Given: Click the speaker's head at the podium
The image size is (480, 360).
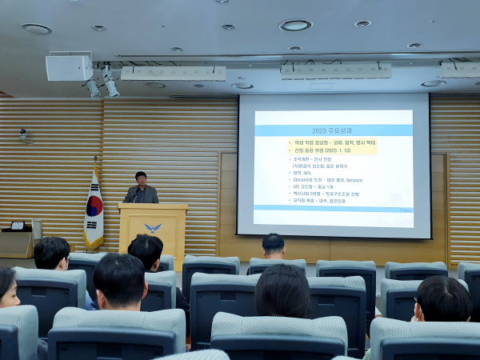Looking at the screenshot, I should (x=141, y=178).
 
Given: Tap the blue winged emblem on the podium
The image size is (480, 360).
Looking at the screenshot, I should (x=152, y=228).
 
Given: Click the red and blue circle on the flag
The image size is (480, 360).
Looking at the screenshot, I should (x=94, y=206).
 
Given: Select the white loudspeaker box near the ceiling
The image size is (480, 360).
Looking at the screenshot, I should (x=69, y=68).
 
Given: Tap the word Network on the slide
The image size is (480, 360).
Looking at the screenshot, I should (x=354, y=180).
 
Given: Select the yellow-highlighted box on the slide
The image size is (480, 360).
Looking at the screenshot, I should (x=331, y=146).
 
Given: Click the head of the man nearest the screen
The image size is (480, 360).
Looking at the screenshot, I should (x=273, y=244).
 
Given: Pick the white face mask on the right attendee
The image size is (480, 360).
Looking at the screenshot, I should (x=418, y=318).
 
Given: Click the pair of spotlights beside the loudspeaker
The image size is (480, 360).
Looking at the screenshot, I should (x=102, y=82).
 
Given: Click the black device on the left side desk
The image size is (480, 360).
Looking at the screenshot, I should (x=17, y=226).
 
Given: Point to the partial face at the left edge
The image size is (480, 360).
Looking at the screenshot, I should (x=7, y=287).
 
